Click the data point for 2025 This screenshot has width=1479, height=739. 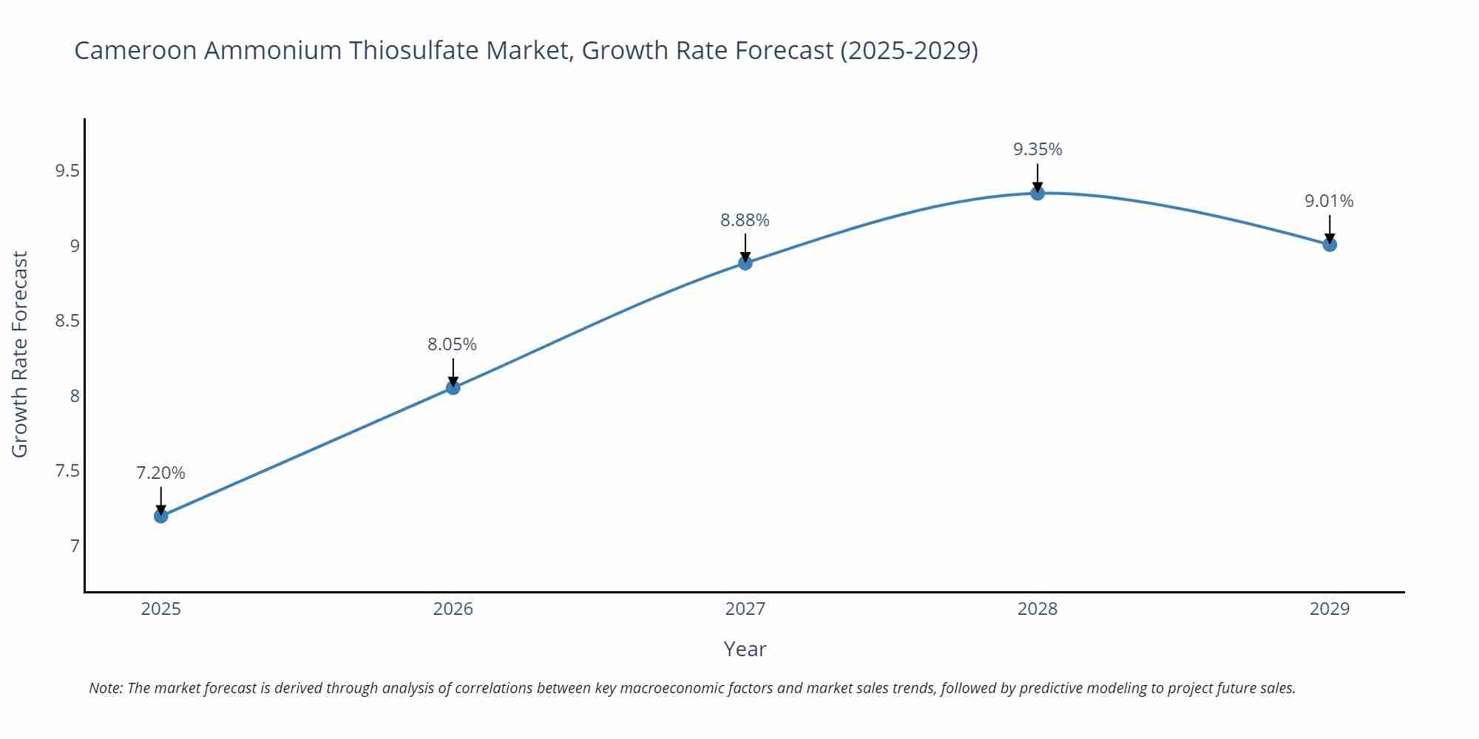click(161, 516)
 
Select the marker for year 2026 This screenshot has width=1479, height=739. click(453, 387)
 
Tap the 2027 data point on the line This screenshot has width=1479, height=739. click(745, 262)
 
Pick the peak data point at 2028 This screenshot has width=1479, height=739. click(1038, 193)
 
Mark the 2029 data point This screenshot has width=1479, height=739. click(1330, 244)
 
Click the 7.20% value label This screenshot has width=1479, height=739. click(160, 473)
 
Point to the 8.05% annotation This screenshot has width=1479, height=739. click(452, 344)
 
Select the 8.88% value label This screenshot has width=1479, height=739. click(745, 220)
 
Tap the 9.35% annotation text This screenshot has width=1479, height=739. click(1038, 149)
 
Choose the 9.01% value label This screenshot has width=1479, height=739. click(1329, 201)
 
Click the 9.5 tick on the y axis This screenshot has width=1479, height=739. click(67, 171)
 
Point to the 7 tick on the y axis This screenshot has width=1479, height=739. click(74, 546)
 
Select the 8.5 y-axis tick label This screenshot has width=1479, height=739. click(67, 321)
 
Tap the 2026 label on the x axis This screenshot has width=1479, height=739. click(453, 609)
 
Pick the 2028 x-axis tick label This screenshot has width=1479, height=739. click(1038, 609)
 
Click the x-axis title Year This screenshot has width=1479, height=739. click(745, 649)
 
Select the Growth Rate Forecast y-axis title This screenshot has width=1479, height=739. click(20, 355)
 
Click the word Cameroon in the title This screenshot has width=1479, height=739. click(135, 50)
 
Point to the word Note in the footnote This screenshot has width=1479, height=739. click(105, 688)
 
